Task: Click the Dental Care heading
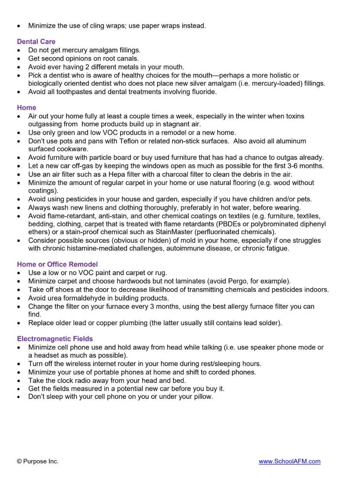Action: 36,42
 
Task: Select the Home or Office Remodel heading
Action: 57,264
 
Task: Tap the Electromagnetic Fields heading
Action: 55,339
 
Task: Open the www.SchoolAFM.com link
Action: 289,461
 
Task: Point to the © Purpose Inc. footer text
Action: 37,461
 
